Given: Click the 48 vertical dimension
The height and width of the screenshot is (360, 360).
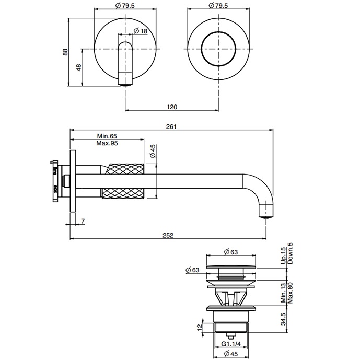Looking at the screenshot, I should point(78,67).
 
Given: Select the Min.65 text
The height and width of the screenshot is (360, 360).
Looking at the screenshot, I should point(106,136).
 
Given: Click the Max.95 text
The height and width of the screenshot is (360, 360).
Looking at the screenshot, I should point(107,143).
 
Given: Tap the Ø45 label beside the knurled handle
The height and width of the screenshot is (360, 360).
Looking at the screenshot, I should point(153,152).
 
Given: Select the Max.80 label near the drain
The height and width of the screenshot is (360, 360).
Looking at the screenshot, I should point(289,293).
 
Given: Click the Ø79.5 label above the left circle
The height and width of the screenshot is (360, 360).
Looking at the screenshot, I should point(125,5).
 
